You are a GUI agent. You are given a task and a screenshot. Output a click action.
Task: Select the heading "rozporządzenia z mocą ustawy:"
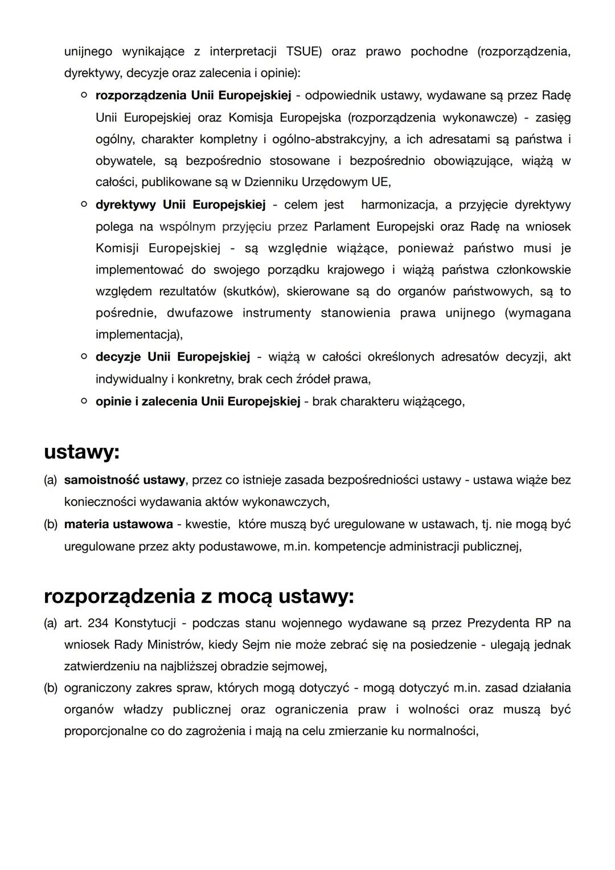(x=199, y=596)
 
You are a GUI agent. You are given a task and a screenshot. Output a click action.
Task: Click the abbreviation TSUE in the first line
(x=304, y=52)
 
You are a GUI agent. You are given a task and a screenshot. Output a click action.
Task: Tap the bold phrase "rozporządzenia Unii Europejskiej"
(x=193, y=95)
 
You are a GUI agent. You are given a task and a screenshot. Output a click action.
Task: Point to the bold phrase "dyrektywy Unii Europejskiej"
(x=181, y=205)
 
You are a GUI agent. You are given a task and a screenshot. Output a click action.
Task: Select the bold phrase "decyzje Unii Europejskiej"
(x=173, y=357)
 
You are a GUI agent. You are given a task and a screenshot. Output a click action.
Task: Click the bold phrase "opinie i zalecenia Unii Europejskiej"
(x=198, y=401)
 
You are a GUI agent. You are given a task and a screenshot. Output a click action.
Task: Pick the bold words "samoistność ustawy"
(x=124, y=480)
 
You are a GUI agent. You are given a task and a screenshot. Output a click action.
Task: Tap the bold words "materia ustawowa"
(x=118, y=524)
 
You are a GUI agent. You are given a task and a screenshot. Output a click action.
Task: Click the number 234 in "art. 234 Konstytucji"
(x=98, y=623)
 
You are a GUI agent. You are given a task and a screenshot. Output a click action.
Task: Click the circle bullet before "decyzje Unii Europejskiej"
(x=84, y=357)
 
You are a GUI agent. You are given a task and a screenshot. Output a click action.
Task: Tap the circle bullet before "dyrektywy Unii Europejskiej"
(x=84, y=204)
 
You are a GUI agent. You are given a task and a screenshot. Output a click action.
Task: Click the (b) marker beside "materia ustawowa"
(x=50, y=524)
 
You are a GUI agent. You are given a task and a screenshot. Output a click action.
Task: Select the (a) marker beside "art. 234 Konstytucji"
(x=50, y=623)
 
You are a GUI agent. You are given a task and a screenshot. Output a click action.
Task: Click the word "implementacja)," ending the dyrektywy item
(x=139, y=334)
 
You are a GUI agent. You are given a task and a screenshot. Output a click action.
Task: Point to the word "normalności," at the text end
(x=442, y=731)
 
